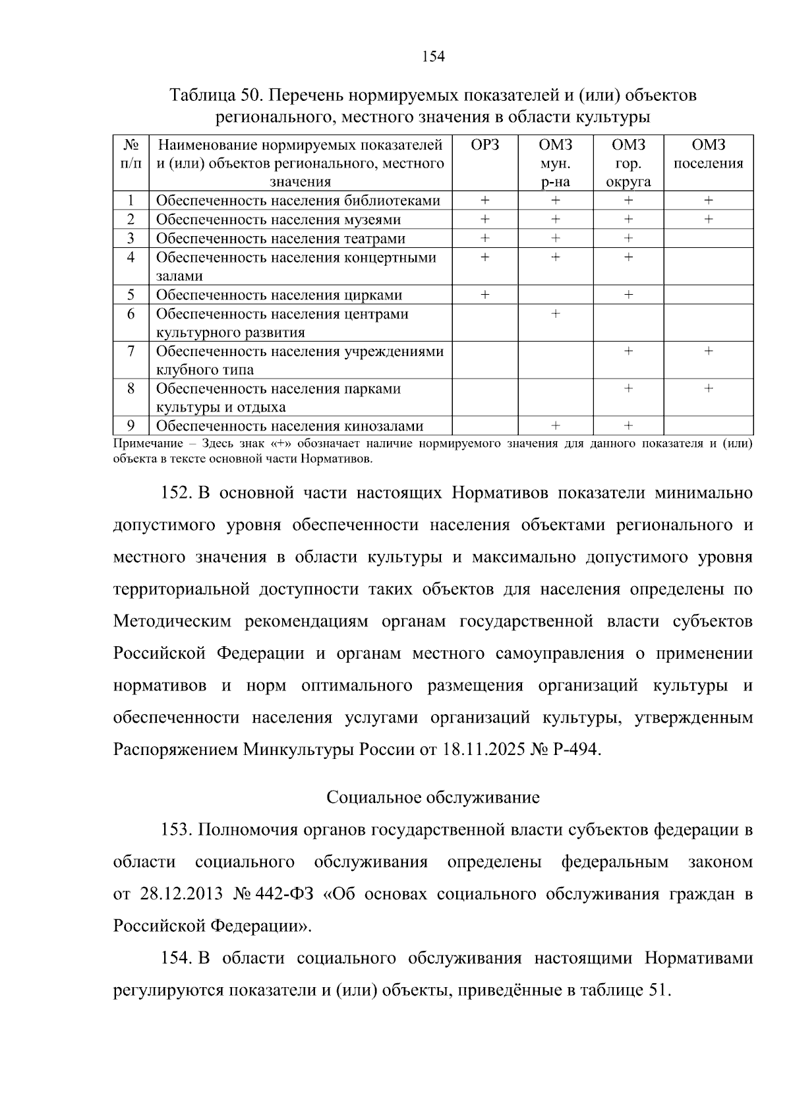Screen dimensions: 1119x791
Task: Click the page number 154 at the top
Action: [433, 57]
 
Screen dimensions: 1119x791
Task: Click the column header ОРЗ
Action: [485, 145]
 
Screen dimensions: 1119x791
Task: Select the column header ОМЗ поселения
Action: [708, 154]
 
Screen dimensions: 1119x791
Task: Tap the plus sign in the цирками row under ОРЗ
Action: [485, 295]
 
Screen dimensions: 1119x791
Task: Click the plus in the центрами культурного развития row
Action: [556, 314]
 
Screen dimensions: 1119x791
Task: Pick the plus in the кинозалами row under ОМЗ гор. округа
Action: [628, 426]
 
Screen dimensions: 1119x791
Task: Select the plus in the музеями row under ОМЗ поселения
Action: [708, 220]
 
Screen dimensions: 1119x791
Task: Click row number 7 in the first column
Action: [131, 351]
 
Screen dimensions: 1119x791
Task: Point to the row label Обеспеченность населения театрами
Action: [281, 239]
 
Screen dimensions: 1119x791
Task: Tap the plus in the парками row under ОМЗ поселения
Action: [708, 389]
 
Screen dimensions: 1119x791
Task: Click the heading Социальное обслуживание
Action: [433, 798]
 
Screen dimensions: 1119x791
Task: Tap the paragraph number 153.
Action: [177, 830]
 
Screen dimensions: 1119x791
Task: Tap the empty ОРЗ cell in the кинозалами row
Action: [485, 426]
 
